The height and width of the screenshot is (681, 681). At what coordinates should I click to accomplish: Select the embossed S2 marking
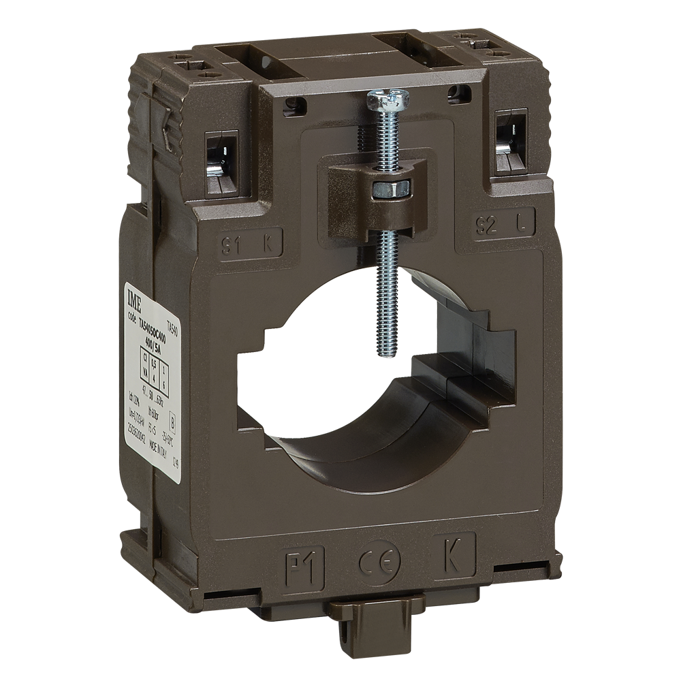pos(484,226)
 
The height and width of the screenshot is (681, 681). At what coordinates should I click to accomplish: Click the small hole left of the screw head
pos(295,104)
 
